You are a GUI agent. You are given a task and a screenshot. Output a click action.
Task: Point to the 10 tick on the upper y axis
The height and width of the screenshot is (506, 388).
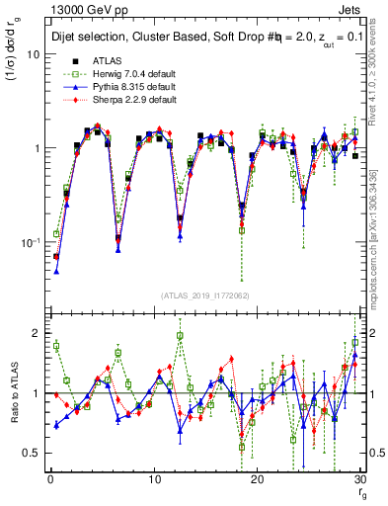pos(33,54)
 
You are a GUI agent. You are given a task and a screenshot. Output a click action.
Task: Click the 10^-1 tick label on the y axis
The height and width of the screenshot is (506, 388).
pos(30,241)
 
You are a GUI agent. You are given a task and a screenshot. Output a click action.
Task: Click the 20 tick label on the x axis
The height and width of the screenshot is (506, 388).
pos(257,480)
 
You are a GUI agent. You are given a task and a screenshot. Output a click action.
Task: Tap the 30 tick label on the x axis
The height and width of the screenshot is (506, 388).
pos(360,480)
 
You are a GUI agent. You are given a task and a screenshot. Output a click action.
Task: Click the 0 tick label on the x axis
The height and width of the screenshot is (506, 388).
pos(49,480)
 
